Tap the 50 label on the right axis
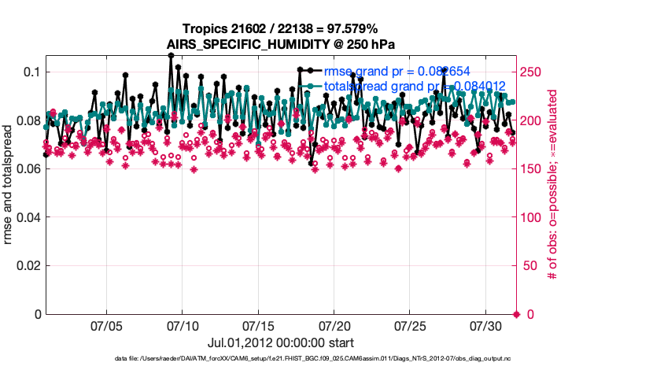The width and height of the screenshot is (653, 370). point(529,266)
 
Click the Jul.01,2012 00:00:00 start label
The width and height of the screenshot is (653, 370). point(280,343)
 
